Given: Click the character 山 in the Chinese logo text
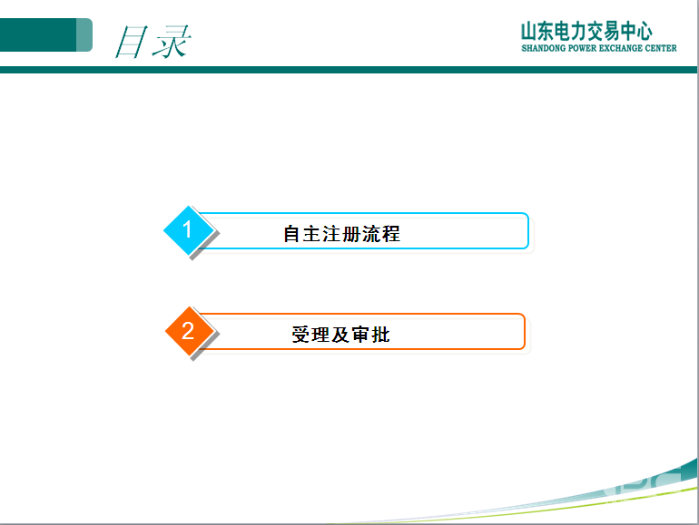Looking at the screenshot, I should tap(529, 31).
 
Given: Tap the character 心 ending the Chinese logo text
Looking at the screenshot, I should tap(643, 31).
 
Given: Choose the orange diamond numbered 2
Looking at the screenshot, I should tap(188, 331).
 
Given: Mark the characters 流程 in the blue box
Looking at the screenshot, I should tap(381, 234).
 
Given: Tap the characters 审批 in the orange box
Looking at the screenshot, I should tap(370, 335).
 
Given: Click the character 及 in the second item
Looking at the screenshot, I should tap(340, 335).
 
